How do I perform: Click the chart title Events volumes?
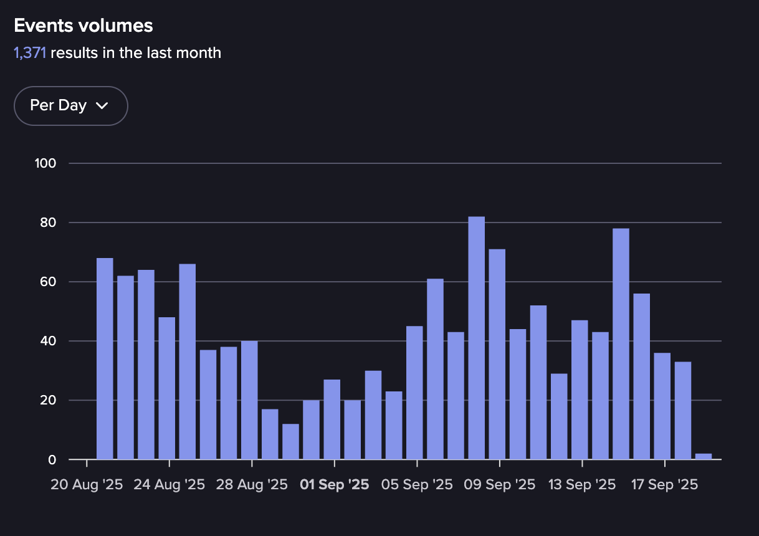(x=84, y=26)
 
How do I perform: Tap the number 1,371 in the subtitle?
(x=29, y=53)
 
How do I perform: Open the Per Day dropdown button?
(x=70, y=106)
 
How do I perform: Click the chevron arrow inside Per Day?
(x=102, y=106)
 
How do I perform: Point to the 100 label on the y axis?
(x=47, y=163)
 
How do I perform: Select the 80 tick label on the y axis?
(x=49, y=223)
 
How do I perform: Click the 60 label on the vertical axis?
(x=49, y=282)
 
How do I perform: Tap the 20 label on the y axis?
(x=49, y=400)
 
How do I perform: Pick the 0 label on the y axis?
(x=52, y=460)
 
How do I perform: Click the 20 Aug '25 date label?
(x=87, y=485)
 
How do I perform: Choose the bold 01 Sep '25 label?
(x=335, y=485)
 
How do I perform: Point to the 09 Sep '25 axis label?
(x=500, y=485)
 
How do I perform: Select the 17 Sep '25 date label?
(x=665, y=485)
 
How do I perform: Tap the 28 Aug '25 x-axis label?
(x=252, y=485)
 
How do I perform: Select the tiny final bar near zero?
(x=703, y=457)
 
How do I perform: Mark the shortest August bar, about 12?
(x=290, y=442)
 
